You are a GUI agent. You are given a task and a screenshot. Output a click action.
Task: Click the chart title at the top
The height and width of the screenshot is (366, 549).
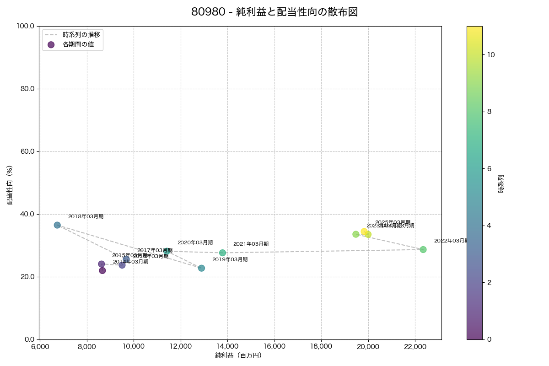tap(274, 12)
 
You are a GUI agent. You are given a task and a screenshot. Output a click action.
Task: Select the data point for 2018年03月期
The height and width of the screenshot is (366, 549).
tap(57, 225)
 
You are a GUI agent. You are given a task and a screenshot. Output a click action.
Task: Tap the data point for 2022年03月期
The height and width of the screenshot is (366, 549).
tap(423, 249)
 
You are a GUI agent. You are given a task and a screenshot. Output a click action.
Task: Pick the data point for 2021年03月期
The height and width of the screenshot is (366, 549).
tap(222, 253)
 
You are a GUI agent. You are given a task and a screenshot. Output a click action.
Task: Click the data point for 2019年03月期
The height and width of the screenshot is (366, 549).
tap(201, 268)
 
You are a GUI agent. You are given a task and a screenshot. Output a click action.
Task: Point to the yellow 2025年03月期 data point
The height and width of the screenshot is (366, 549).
tap(364, 231)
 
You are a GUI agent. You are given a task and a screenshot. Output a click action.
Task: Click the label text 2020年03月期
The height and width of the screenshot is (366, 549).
tap(195, 243)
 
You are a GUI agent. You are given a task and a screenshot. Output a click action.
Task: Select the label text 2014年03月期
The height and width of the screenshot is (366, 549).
tap(130, 262)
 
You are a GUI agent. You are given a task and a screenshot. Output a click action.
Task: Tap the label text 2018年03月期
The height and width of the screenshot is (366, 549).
tap(86, 216)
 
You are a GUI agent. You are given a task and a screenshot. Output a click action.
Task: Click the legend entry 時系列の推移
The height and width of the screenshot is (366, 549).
tap(81, 34)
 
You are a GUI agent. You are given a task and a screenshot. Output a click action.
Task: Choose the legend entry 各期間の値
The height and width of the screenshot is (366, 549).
tap(78, 44)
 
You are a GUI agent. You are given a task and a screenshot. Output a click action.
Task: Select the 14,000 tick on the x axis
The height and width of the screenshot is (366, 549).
tap(227, 347)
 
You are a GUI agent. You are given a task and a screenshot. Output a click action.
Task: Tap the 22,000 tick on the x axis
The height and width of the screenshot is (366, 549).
tap(415, 347)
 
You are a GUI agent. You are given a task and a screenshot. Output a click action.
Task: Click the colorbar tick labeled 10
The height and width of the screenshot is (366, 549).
tap(491, 54)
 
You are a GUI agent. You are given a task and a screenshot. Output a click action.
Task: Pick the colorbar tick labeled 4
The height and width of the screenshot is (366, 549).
tap(489, 225)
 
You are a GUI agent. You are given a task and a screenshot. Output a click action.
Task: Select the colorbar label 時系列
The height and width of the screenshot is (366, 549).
tap(501, 183)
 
